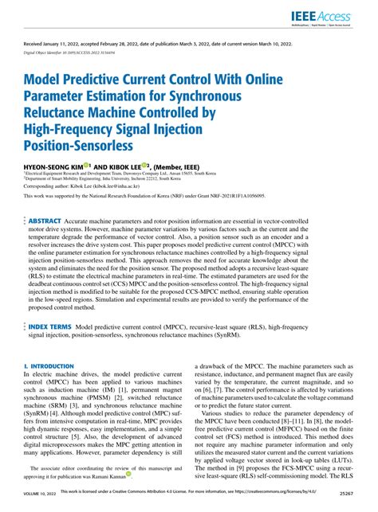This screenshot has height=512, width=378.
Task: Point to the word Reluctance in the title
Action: click(61, 113)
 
